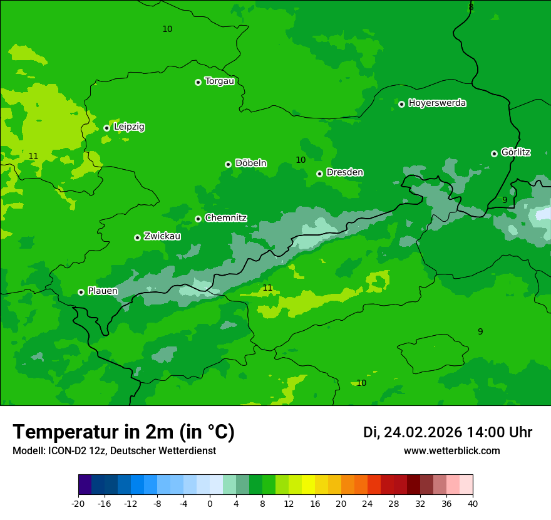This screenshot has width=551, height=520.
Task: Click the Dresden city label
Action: [x=344, y=172]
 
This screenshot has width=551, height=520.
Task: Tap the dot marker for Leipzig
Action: [x=106, y=128]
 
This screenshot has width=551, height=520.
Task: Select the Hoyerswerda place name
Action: [x=437, y=103]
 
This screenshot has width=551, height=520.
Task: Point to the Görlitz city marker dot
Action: [x=494, y=153]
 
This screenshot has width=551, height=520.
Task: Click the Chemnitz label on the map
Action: [x=225, y=218]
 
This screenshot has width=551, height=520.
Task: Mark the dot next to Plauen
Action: [x=81, y=292]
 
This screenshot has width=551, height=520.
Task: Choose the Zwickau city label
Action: [x=162, y=236]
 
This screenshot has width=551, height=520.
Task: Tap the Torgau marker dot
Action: [x=198, y=82]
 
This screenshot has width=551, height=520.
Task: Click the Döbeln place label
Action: [x=250, y=163]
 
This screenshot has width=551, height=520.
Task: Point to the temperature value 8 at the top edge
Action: [x=471, y=7]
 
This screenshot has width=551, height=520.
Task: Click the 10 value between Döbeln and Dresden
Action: [x=301, y=160]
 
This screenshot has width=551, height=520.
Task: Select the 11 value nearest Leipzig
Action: [x=33, y=156]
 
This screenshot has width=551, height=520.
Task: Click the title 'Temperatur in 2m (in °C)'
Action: [x=123, y=432]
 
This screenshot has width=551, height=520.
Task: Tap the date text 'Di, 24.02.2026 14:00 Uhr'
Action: [x=447, y=432]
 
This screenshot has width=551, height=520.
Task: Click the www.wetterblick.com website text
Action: [x=451, y=451]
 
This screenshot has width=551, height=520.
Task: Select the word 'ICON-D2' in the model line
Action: [x=65, y=451]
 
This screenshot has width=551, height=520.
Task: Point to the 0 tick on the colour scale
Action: [x=210, y=503]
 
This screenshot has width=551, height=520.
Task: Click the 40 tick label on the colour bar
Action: [x=473, y=503]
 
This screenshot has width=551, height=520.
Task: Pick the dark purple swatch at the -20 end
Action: [x=85, y=485]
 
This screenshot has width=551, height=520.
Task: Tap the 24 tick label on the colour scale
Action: [x=368, y=503]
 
